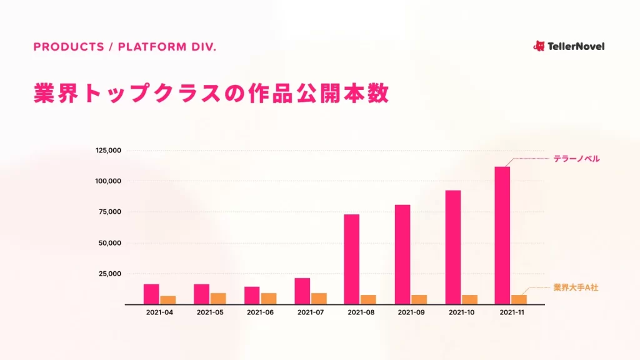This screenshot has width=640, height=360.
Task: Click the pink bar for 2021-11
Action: point(502,235)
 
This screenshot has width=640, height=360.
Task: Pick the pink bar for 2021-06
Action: point(252,295)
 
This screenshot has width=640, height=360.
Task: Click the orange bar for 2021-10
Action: point(469,299)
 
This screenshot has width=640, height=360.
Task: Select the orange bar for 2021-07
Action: point(319,298)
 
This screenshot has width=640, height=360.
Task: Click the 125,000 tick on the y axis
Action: point(108,151)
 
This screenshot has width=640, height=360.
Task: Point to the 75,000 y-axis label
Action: point(110,212)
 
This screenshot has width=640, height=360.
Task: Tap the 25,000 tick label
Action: point(110,274)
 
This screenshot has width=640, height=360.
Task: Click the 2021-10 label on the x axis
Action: point(462,312)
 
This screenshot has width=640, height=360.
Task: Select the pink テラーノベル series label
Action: point(576,159)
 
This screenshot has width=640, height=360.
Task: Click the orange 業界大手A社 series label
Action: point(576,287)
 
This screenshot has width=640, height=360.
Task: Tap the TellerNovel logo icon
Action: point(539,46)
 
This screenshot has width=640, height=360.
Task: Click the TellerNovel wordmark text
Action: point(576,46)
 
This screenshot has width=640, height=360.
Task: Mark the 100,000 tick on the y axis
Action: point(108,181)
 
